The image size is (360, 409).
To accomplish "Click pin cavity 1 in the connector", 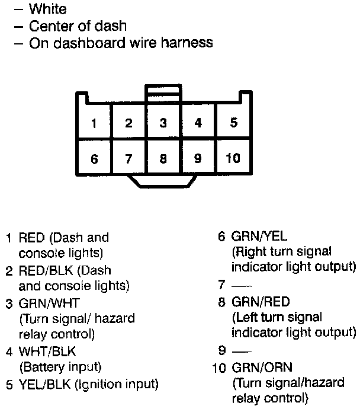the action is tap(94, 123).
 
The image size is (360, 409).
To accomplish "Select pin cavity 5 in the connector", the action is tap(234, 123).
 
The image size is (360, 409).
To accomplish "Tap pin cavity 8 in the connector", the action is tap(163, 158).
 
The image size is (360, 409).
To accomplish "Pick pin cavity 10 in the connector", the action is tap(233, 158).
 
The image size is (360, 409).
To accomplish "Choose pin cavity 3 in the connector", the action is tap(163, 123).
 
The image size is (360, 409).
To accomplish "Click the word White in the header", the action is tap(48, 9).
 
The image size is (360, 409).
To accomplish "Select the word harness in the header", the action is tap(185, 43).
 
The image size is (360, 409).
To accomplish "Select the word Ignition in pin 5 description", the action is tap(95, 384).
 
